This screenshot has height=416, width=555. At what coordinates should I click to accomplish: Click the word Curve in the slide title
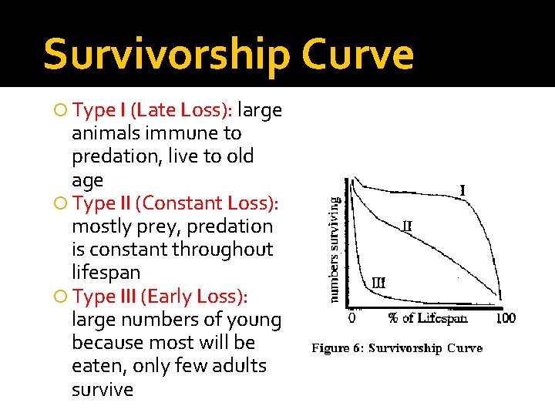click(358, 54)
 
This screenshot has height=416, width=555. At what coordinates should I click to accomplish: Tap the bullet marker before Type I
click(62, 111)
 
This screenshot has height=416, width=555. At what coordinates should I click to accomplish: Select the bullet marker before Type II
click(62, 203)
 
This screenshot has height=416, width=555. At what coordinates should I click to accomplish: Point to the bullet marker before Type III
click(62, 297)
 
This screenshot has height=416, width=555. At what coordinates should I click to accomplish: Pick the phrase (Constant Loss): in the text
click(207, 203)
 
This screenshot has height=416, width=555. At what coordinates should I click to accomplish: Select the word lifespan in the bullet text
click(106, 273)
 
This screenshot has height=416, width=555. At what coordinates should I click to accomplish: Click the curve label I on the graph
click(462, 189)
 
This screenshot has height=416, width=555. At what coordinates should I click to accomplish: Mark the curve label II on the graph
click(406, 226)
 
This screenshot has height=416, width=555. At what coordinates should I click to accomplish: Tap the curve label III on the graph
click(378, 283)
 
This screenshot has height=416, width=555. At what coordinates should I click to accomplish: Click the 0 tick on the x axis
click(352, 317)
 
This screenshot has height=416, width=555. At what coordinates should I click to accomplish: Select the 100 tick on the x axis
click(504, 317)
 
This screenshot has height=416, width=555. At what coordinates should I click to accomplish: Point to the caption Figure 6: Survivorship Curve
click(397, 348)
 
